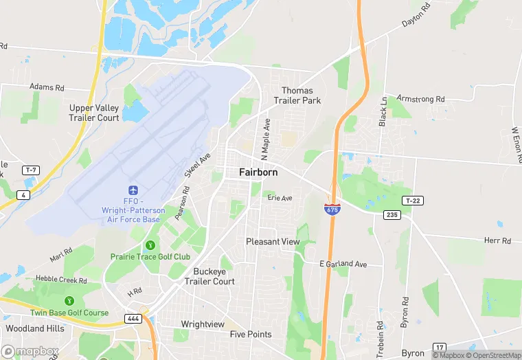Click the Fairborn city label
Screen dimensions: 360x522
(258, 172)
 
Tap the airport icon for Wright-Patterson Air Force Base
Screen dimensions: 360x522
(133, 190)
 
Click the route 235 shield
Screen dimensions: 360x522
(391, 215)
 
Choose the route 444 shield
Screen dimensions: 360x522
(133, 319)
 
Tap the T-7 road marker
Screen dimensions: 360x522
(30, 170)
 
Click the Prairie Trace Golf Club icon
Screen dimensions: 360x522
(150, 245)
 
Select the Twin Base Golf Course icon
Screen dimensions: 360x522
(69, 301)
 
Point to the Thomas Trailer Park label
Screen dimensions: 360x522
(297, 95)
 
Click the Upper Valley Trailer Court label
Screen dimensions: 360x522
(94, 113)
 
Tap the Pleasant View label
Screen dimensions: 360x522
(273, 242)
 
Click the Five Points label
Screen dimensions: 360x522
(251, 335)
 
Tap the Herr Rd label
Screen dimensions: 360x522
(497, 240)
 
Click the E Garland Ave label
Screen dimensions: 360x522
(343, 264)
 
